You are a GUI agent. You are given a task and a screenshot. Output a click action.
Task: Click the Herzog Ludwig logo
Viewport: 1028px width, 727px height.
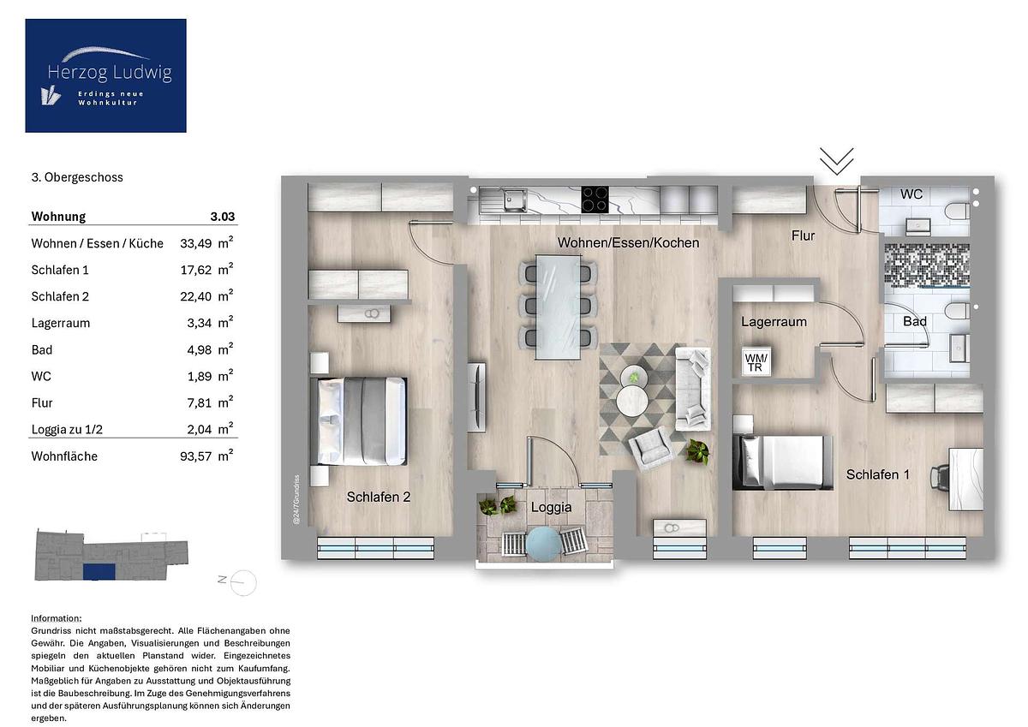105,75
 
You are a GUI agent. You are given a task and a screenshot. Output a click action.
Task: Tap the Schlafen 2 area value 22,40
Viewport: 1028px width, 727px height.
196,297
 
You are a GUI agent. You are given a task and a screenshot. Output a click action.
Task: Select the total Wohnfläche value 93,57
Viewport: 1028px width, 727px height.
196,456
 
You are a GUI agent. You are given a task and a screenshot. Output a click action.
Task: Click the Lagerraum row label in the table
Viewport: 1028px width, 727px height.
61,324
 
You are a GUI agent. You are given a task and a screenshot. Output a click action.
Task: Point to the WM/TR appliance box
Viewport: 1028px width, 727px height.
756,362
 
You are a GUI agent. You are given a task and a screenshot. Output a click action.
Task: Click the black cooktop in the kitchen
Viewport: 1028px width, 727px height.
595,200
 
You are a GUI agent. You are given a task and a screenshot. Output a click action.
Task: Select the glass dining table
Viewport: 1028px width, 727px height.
558,307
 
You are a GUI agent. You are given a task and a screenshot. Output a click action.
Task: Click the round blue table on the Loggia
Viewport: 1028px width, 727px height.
543,543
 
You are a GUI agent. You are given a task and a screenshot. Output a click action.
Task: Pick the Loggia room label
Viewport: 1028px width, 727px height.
551,507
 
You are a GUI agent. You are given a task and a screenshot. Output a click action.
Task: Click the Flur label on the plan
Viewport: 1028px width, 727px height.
804,235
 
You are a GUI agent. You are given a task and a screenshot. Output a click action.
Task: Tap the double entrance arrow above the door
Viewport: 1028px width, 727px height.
837,161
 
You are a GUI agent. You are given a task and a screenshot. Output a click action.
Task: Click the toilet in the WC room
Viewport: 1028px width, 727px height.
958,212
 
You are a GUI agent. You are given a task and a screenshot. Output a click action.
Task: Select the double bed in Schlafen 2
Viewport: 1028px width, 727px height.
358,421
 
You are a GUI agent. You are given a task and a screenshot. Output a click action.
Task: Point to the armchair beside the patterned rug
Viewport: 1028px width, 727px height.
651,449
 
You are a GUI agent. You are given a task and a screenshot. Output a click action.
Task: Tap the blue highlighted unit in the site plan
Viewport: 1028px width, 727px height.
99,572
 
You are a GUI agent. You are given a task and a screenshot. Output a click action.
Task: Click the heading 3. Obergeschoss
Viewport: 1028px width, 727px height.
77,177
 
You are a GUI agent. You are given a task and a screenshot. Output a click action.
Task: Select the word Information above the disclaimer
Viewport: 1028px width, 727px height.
56,618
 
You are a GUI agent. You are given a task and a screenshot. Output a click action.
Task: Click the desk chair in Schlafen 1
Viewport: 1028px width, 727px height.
939,478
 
